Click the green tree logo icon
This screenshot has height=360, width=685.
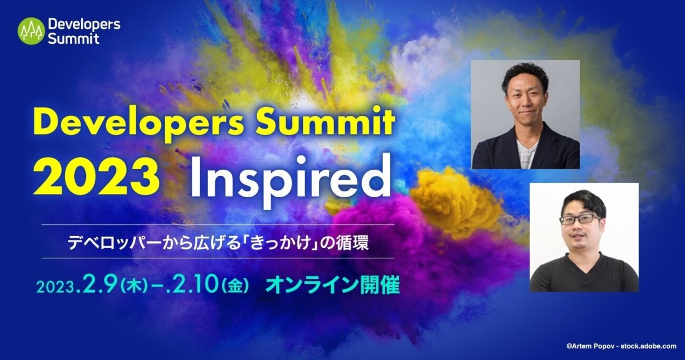(31, 31)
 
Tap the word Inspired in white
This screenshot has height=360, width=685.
(290, 182)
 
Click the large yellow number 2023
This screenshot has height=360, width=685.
(96, 177)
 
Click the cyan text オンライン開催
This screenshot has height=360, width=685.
(332, 285)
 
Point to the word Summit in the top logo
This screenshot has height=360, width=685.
(74, 38)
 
